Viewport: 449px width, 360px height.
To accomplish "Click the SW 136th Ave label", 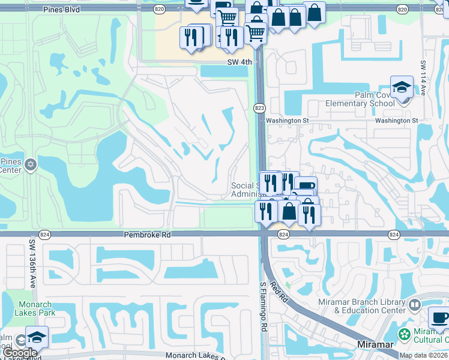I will (32, 263).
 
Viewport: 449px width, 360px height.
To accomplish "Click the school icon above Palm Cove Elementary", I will (402, 88).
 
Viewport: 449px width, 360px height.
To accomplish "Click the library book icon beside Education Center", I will (414, 306).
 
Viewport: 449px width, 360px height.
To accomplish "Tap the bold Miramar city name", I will (375, 344).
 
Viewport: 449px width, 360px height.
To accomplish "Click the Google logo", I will (19, 353).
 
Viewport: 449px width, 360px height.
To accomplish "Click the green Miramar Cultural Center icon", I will (405, 334).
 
